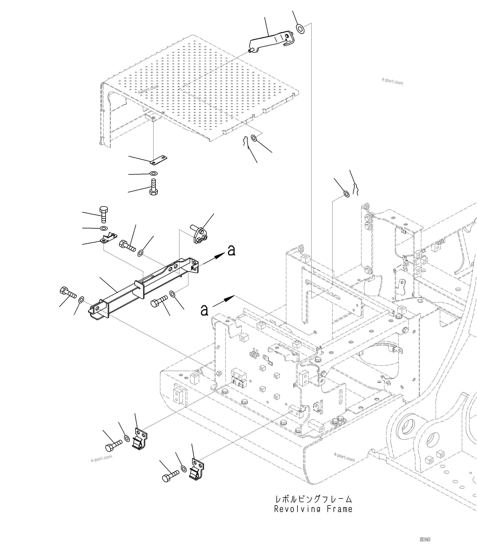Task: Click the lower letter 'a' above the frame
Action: [x=204, y=310]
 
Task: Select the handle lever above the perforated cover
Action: [x=271, y=41]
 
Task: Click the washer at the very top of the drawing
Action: [x=300, y=29]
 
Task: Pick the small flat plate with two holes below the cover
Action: [x=159, y=160]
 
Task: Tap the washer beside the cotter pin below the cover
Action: [x=254, y=138]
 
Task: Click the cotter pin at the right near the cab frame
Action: [x=356, y=189]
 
